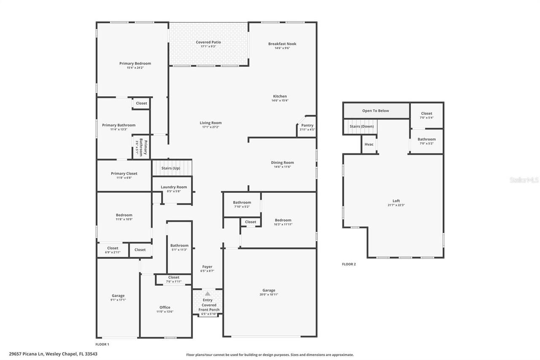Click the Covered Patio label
tap(208, 42)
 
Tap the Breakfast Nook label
tap(282, 44)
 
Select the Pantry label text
tap(308, 125)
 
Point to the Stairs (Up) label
tap(171, 168)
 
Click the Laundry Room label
tap(174, 187)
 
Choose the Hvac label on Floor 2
tap(369, 144)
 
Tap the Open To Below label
tap(375, 111)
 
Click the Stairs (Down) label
tap(362, 127)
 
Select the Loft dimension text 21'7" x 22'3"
tap(396, 205)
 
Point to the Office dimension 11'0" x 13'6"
tap(165, 311)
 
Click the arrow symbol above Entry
tap(208, 294)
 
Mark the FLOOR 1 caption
tap(103, 344)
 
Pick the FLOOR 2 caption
tap(349, 264)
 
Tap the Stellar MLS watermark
tap(524, 180)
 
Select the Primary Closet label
tap(124, 173)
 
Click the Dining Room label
tap(282, 162)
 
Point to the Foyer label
tap(207, 267)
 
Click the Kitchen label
tap(280, 96)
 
